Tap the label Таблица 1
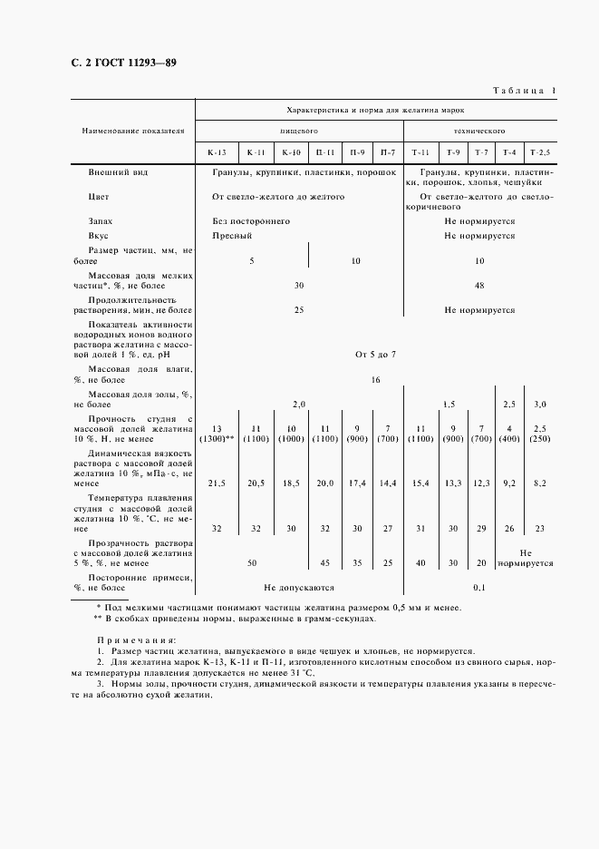pos(524,91)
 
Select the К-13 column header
pos(217,152)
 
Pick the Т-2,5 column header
pos(540,152)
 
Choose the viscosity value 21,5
pos(217,483)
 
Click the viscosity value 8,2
pos(540,483)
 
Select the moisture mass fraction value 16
pos(376,381)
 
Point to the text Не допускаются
pos(299,587)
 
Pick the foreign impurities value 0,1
pos(479,587)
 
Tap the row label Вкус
pos(99,235)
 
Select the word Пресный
pos(232,235)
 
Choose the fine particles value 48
pos(479,285)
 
